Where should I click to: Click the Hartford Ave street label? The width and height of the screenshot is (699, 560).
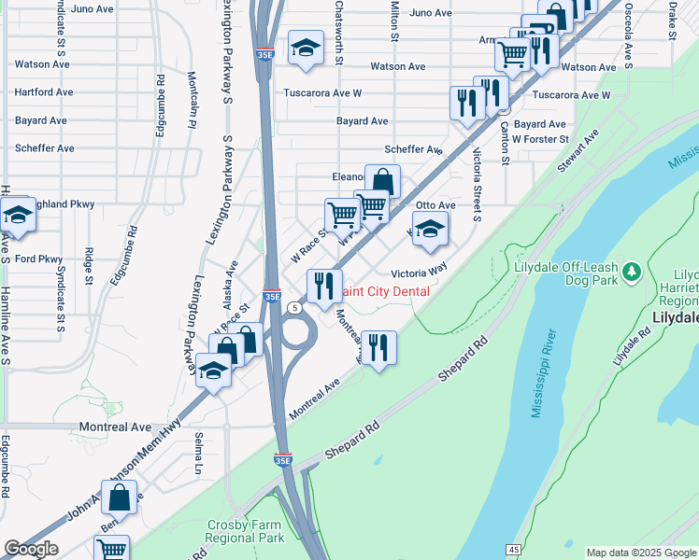[x=44, y=92]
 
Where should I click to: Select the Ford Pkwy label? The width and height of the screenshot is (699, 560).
[x=38, y=259]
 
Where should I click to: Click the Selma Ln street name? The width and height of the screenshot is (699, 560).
[x=199, y=453]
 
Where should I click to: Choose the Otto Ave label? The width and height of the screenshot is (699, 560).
[x=435, y=205]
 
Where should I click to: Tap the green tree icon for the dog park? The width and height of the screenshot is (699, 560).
[x=633, y=271]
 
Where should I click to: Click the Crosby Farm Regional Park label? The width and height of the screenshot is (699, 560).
[x=245, y=531]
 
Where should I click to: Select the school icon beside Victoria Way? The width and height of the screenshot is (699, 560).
[x=429, y=229]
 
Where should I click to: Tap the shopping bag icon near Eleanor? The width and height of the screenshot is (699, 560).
[x=382, y=180]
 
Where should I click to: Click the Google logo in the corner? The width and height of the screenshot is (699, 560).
[x=31, y=549]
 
